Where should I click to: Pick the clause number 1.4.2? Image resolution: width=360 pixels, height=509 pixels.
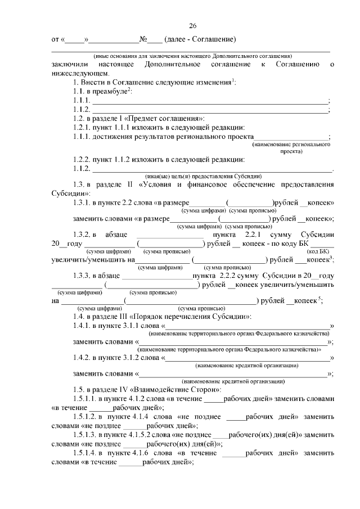(82, 357)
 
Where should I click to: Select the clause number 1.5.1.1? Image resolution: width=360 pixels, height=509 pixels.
(85, 398)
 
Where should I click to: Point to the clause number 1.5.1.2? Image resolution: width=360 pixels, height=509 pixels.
(85, 417)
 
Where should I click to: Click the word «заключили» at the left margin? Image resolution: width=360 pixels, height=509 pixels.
(69, 65)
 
